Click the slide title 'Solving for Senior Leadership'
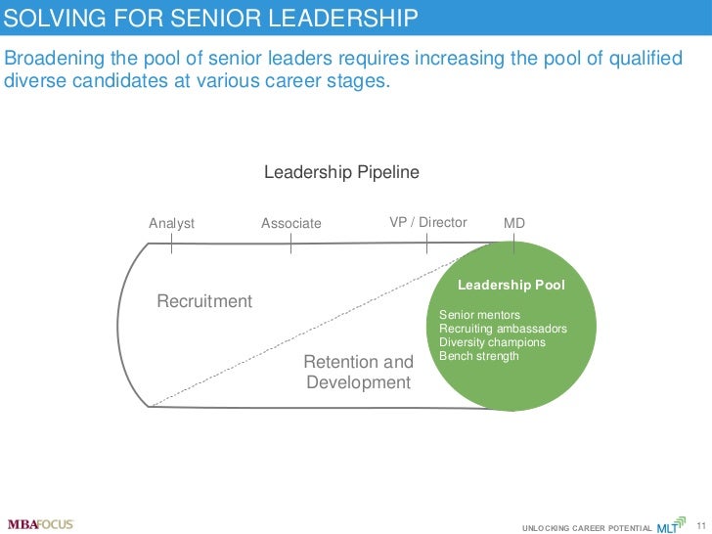[211, 19]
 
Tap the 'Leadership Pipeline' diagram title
[341, 173]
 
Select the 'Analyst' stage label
[171, 223]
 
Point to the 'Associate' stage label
[290, 223]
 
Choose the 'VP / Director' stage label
[427, 222]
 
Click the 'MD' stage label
[513, 223]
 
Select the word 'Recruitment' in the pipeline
[204, 301]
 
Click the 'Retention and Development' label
[358, 373]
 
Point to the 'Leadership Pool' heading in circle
[512, 285]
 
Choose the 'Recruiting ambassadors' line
[503, 330]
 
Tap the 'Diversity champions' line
[492, 342]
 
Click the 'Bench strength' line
[479, 356]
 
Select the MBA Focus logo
[40, 523]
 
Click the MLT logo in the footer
[670, 526]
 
